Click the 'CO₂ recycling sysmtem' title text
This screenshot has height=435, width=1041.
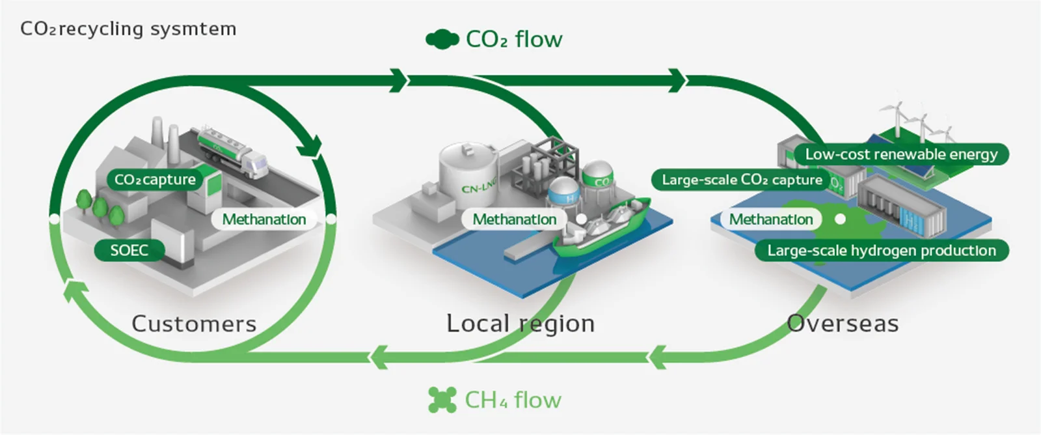tap(128, 29)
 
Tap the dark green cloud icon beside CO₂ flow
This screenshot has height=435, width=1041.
tap(442, 39)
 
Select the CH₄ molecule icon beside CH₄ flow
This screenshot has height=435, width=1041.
tap(442, 400)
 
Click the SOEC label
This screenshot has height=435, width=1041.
tap(129, 250)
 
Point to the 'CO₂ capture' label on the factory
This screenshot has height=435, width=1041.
tap(155, 180)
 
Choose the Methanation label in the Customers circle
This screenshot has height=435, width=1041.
tap(264, 219)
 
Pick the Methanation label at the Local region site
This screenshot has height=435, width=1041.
tap(515, 219)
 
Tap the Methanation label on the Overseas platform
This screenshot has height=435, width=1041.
tap(771, 219)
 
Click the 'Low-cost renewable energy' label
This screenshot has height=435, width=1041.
tap(901, 154)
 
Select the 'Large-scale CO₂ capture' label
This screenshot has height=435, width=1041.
tap(742, 180)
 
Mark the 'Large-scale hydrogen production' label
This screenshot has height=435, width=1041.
tap(882, 250)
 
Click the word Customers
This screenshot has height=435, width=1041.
tap(194, 324)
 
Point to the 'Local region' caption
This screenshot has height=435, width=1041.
tap(520, 324)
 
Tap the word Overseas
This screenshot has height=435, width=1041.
tap(843, 324)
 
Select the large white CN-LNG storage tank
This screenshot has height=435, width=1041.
tap(468, 175)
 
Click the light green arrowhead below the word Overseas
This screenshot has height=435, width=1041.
tap(657, 358)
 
